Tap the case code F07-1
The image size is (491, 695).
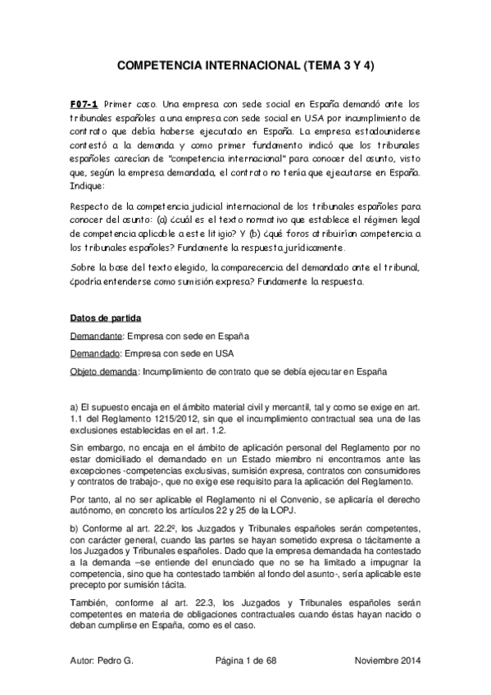point(84,105)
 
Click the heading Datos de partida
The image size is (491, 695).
point(103,315)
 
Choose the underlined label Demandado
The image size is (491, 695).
point(95,353)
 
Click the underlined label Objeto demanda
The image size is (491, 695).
point(106,371)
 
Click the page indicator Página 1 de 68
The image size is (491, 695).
point(247,660)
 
